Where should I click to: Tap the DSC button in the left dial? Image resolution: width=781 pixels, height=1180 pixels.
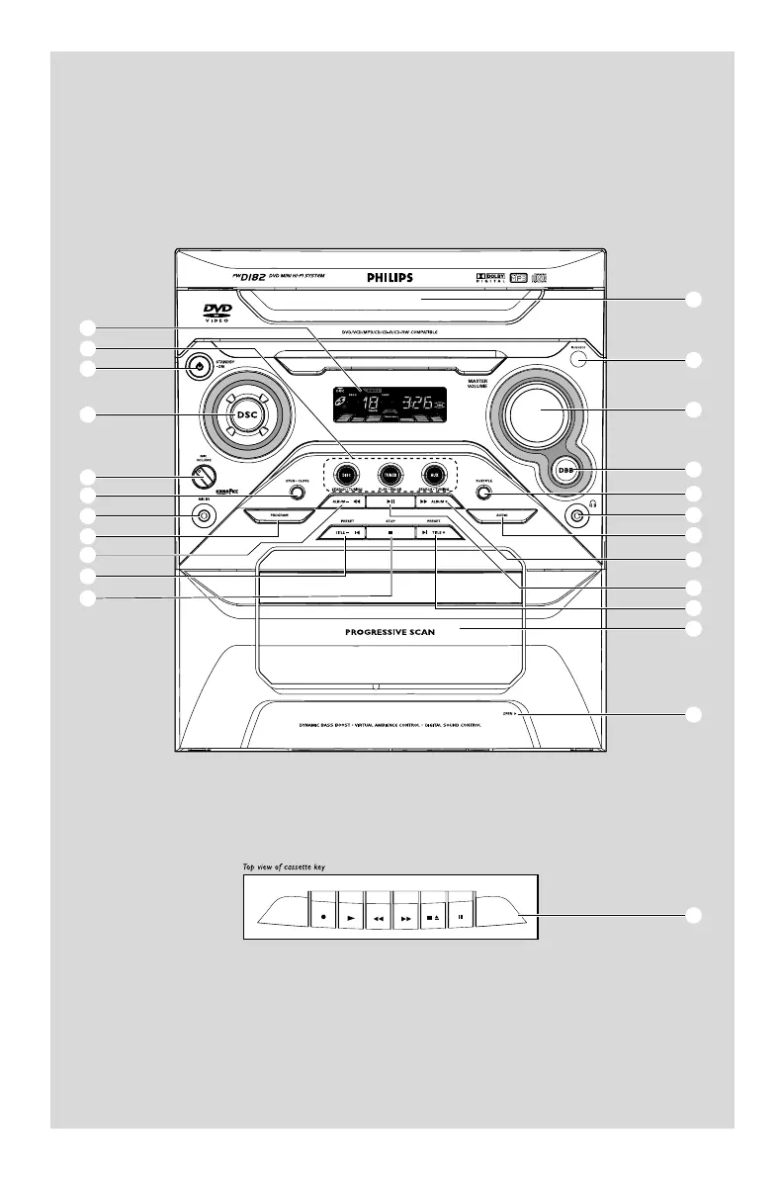point(246,413)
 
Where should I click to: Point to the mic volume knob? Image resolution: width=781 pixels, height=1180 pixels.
point(202,475)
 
